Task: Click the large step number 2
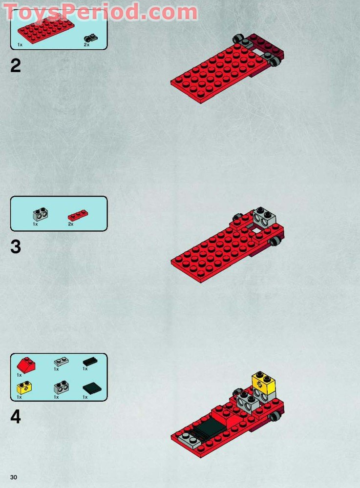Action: coord(16,66)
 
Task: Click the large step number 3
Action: coord(16,247)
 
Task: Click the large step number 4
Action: coord(16,417)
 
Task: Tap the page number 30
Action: coord(13,477)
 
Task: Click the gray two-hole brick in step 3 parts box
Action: coord(40,214)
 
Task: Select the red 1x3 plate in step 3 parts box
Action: coord(78,215)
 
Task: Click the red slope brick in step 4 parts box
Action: coord(26,365)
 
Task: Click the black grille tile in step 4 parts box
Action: coord(90,362)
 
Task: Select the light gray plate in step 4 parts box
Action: coord(62,361)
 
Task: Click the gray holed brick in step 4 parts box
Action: coord(61,387)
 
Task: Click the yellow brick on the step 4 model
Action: coord(263,383)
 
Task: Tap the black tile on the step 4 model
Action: coord(209,427)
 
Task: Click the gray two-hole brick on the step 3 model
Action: coord(264,218)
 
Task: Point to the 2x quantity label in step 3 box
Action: coord(71,224)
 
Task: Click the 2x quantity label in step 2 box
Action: coord(86,45)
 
